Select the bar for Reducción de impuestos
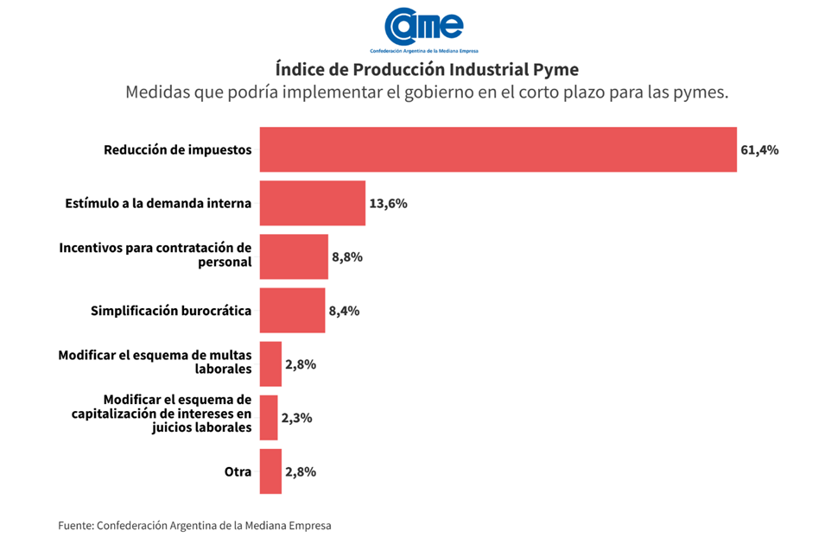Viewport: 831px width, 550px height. click(498, 149)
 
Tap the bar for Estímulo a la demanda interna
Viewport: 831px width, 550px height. click(312, 204)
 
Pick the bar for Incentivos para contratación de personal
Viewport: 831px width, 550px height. click(294, 256)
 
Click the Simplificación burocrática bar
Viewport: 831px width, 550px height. click(292, 311)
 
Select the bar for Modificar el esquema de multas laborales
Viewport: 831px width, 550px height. click(270, 364)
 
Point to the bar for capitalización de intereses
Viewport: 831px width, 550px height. click(269, 418)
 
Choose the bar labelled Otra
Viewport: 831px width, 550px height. click(270, 471)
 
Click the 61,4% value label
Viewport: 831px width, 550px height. click(759, 150)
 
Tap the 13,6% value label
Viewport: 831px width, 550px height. click(388, 204)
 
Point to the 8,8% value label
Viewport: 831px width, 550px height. click(347, 257)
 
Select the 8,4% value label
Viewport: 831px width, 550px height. click(344, 311)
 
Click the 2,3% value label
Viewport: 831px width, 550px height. click(296, 418)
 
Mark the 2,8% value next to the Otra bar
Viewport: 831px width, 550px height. click(301, 471)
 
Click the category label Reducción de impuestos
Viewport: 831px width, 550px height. click(177, 149)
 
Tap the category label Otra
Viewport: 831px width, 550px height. click(238, 471)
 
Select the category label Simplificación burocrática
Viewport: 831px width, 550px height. click(171, 311)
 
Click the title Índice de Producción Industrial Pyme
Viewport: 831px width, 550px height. click(427, 68)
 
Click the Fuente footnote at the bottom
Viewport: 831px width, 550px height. click(194, 525)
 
